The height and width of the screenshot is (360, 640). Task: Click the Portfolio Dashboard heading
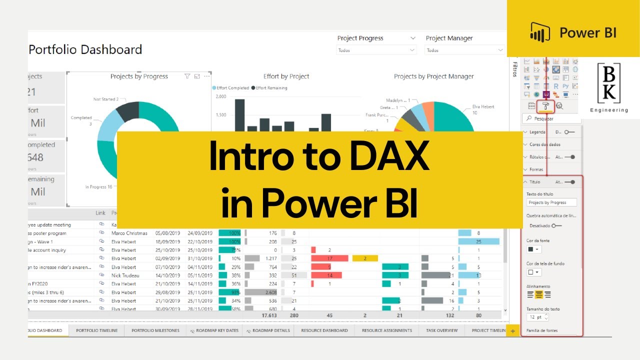click(85, 49)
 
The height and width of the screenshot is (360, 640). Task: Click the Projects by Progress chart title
click(139, 76)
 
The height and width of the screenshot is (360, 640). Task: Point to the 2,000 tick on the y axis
click(220, 96)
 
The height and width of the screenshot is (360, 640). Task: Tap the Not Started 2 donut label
click(105, 99)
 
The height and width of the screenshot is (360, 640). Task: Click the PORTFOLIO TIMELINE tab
click(97, 330)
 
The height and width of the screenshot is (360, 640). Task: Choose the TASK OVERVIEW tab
click(441, 330)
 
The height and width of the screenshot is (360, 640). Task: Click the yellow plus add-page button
click(512, 331)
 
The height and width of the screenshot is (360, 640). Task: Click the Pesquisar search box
click(552, 119)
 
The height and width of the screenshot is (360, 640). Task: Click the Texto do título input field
click(551, 202)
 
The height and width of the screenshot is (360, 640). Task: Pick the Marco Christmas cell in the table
click(129, 233)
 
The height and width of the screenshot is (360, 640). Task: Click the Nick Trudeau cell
click(125, 275)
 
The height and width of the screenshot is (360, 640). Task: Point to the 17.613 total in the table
click(269, 315)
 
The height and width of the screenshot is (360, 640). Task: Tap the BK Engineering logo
click(608, 87)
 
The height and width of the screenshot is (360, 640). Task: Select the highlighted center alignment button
click(539, 295)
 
